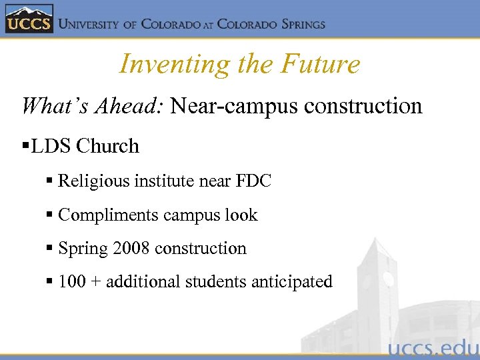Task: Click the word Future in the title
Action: [321, 64]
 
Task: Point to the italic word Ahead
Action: [131, 106]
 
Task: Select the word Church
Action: [108, 147]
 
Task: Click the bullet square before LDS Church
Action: [26, 146]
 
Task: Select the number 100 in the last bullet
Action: [72, 282]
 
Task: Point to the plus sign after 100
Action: [96, 283]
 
